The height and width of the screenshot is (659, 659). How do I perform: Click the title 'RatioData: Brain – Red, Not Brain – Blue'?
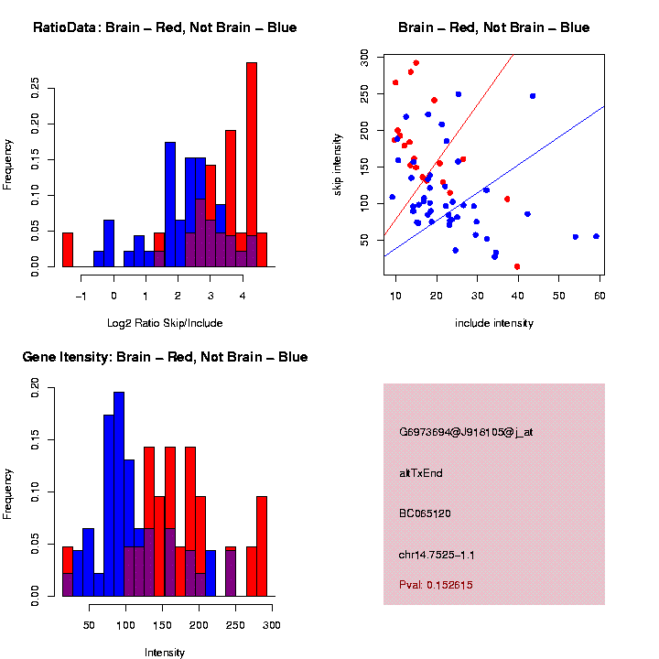pos(165,27)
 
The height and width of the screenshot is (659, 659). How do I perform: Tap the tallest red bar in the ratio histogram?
pos(252,165)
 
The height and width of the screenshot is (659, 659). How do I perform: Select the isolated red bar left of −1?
pos(68,249)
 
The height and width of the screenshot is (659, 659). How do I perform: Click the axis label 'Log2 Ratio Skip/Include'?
pos(164,322)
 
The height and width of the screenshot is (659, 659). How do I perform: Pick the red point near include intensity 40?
pos(518,266)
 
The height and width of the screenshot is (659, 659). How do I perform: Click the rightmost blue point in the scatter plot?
pos(596,236)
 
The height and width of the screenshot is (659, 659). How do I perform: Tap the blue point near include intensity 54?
pos(575,236)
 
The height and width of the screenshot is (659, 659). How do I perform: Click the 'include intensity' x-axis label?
pos(494,323)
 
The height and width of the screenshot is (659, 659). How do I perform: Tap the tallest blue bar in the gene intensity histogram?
pos(119,494)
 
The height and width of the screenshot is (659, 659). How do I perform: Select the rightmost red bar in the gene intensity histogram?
pos(262,546)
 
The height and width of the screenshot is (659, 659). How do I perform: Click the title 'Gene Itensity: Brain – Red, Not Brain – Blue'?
pos(165,357)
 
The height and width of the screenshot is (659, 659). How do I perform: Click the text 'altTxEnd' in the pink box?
pos(421,473)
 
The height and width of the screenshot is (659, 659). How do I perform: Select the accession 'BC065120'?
pos(425,513)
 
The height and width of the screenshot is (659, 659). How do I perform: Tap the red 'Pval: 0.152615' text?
pos(436,584)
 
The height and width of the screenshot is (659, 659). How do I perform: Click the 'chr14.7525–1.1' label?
pos(437,555)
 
